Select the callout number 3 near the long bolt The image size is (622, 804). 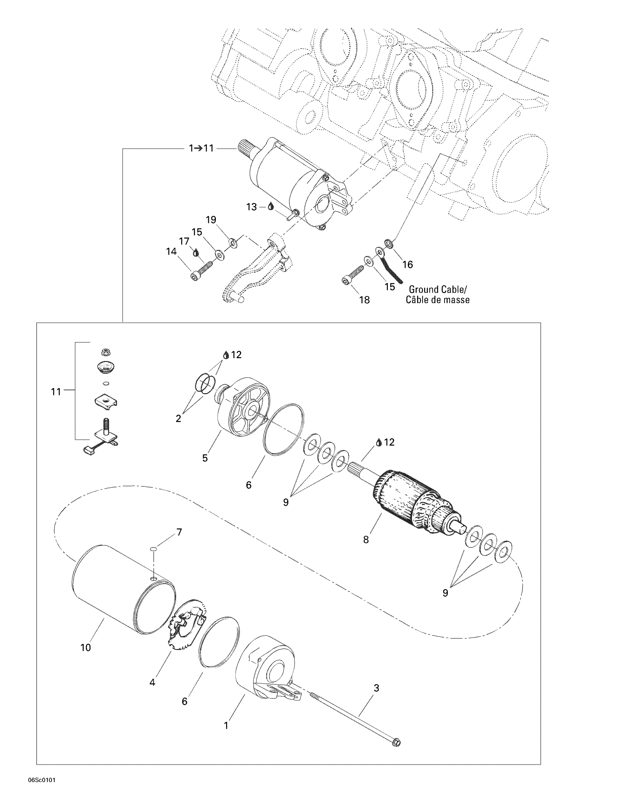[x=376, y=688]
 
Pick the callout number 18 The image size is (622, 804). [x=364, y=300]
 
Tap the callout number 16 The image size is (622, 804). [x=408, y=264]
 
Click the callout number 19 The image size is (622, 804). [x=211, y=220]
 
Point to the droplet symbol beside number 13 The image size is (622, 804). [x=271, y=207]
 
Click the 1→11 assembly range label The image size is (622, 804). [x=201, y=148]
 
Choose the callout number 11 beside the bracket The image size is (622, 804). [x=56, y=392]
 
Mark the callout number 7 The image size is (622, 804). [x=179, y=532]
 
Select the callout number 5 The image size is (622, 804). [x=205, y=458]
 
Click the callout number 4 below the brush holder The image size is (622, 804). [x=152, y=682]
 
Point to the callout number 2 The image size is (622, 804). [x=178, y=418]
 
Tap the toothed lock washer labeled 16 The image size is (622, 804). [x=387, y=243]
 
